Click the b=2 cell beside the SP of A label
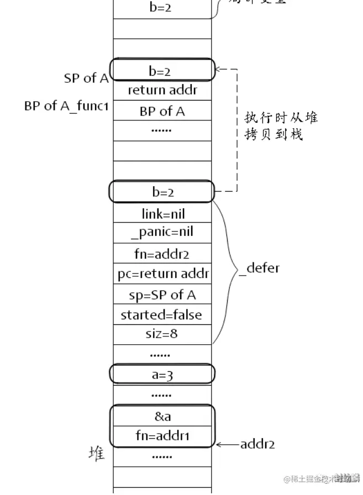pos(162,71)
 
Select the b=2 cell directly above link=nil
pos(162,192)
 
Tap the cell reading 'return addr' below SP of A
pos(162,90)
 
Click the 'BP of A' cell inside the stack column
pos(162,111)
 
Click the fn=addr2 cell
pos(162,254)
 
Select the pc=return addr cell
pos(162,274)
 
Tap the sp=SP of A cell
pos(162,294)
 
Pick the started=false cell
pos(162,315)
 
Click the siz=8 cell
pos(162,334)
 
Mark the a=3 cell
pos(162,374)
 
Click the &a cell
pos(162,415)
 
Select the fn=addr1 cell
pos(162,436)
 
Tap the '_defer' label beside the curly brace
pos(259,268)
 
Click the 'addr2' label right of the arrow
pos(257,444)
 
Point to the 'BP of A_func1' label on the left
pos(66,106)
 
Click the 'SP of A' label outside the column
pos(86,78)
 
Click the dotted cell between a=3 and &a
pos(162,395)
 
